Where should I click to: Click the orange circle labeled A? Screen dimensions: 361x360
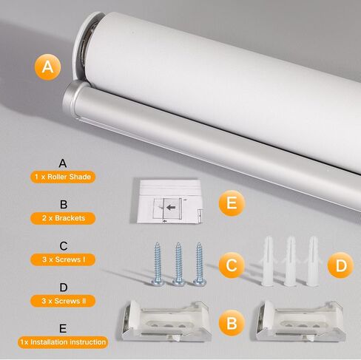pyautogui.click(x=47, y=67)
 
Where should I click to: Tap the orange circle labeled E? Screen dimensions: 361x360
pyautogui.click(x=232, y=203)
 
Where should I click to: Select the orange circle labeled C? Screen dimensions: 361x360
pyautogui.click(x=232, y=265)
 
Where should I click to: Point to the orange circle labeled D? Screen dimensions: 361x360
pyautogui.click(x=340, y=265)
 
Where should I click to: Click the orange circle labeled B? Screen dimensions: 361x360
pyautogui.click(x=232, y=323)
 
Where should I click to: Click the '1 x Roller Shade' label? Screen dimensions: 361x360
pyautogui.click(x=63, y=177)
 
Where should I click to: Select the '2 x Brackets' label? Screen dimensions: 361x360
pyautogui.click(x=63, y=218)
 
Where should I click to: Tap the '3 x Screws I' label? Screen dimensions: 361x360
pyautogui.click(x=63, y=259)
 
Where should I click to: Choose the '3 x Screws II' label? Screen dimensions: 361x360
pyautogui.click(x=63, y=301)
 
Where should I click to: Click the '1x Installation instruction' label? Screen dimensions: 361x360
pyautogui.click(x=63, y=342)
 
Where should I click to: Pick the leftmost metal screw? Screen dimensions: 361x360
pyautogui.click(x=158, y=264)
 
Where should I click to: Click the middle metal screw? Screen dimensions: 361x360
pyautogui.click(x=178, y=264)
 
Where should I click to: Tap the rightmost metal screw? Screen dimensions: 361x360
pyautogui.click(x=200, y=264)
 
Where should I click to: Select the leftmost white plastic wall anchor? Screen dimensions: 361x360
pyautogui.click(x=268, y=261)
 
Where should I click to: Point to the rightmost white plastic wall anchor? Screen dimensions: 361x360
pyautogui.click(x=313, y=261)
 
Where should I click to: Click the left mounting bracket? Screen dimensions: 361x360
pyautogui.click(x=166, y=320)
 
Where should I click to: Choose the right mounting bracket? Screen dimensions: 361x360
pyautogui.click(x=301, y=320)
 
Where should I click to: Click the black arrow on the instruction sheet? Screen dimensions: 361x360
pyautogui.click(x=171, y=207)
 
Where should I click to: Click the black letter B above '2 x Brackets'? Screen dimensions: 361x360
pyautogui.click(x=64, y=205)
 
